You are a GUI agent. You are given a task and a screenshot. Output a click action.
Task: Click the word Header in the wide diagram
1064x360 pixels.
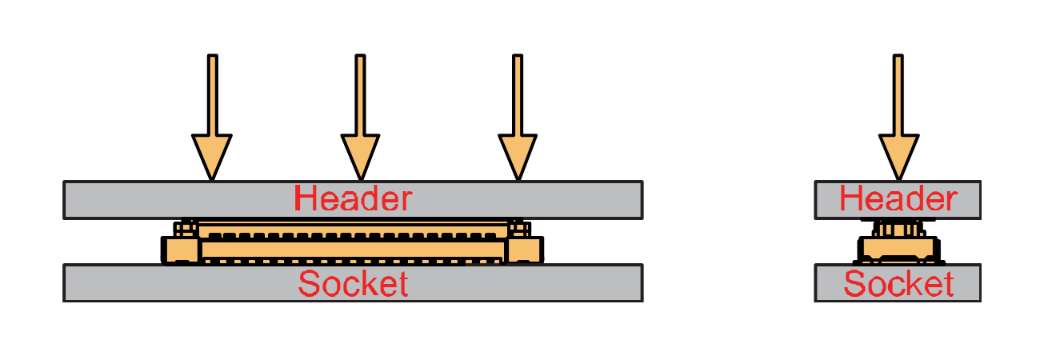point(353,198)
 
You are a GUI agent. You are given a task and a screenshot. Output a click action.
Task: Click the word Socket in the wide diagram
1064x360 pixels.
point(353,284)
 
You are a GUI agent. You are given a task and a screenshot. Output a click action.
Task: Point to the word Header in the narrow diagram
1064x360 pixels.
point(898,199)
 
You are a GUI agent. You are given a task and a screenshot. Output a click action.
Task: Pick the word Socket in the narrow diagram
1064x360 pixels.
point(898,284)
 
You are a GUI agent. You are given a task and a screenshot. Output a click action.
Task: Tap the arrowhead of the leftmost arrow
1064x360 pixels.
point(212,156)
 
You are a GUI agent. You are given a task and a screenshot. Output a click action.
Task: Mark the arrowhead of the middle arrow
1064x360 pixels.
point(360,156)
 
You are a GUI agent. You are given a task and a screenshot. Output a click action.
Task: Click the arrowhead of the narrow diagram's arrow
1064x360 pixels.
point(898,156)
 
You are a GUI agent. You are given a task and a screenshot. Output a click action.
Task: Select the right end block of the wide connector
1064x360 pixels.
point(525,250)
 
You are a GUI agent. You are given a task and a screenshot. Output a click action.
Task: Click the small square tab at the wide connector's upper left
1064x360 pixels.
point(186,229)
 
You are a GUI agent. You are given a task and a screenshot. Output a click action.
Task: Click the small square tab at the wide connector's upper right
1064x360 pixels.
point(518,229)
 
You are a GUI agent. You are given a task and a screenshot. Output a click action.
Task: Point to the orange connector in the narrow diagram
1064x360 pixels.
point(898,245)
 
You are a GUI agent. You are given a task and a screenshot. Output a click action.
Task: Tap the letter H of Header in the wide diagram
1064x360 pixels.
point(305,198)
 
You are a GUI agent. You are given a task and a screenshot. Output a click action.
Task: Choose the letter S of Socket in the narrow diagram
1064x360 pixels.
point(855,284)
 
